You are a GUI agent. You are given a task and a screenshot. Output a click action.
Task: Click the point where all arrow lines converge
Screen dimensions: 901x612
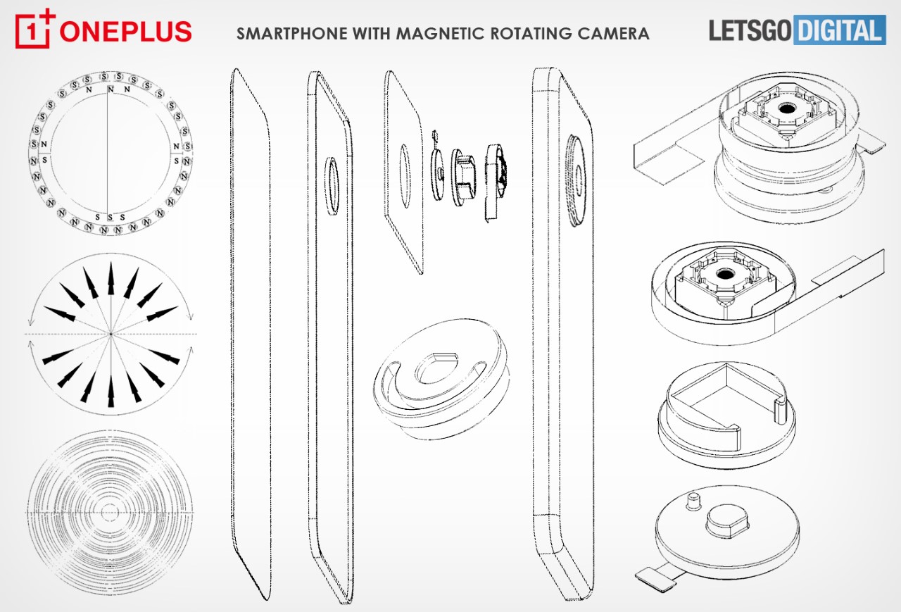111,334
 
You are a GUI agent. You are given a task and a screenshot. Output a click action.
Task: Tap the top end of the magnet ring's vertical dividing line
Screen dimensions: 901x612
108,86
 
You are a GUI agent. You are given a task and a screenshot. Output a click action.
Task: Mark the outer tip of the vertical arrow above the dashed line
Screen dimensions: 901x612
111,262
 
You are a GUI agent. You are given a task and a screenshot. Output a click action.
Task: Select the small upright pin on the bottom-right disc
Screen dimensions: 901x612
693,501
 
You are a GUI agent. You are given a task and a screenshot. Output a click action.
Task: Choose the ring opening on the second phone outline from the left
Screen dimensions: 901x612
332,185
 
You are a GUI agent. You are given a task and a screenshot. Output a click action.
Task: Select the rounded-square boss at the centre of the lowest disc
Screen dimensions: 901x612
727,521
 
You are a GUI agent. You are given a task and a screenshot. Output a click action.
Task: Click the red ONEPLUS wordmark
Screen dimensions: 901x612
125,32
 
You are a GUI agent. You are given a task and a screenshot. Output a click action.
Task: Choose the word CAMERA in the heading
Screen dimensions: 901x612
614,33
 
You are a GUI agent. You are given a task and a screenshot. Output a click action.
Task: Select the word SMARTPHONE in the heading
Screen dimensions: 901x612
291,33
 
